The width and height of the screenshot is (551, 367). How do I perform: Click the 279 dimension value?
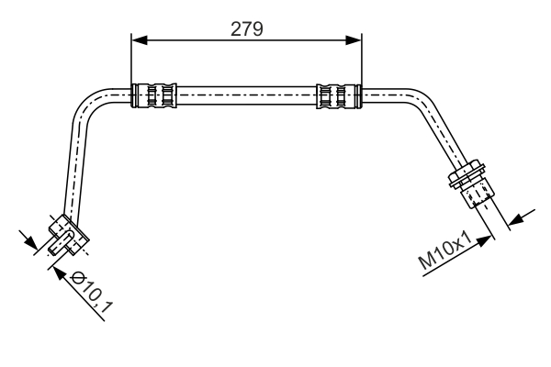point(247,29)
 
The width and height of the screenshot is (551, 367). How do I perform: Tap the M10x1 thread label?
point(445,250)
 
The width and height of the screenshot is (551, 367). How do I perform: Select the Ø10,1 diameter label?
point(92,293)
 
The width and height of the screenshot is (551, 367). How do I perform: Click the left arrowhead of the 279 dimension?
point(140,40)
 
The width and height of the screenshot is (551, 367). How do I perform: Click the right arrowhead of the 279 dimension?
point(354,40)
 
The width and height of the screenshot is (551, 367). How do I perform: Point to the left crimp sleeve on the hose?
point(154,95)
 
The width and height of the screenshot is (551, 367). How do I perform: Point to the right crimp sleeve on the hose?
point(339,95)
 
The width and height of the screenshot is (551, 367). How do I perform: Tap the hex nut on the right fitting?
point(467,173)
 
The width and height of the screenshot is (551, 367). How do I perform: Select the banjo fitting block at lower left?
point(69,234)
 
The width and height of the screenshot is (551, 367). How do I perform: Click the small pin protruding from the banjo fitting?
point(60,242)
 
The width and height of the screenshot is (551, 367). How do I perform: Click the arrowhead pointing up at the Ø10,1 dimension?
point(60,273)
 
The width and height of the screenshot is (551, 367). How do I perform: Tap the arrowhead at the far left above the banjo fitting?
point(30,242)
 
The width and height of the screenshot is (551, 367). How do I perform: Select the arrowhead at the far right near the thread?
point(516,220)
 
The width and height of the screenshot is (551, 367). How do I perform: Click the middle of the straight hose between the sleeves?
point(246,95)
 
